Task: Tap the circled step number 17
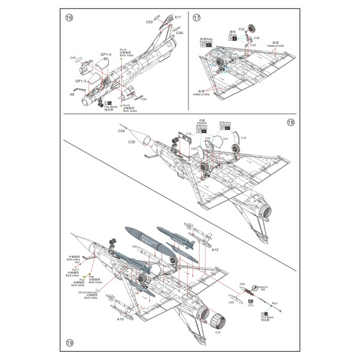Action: click(x=196, y=19)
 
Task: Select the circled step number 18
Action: click(x=290, y=122)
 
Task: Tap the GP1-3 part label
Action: click(x=82, y=80)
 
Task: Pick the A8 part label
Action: click(x=71, y=95)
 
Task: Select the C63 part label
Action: click(x=136, y=247)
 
